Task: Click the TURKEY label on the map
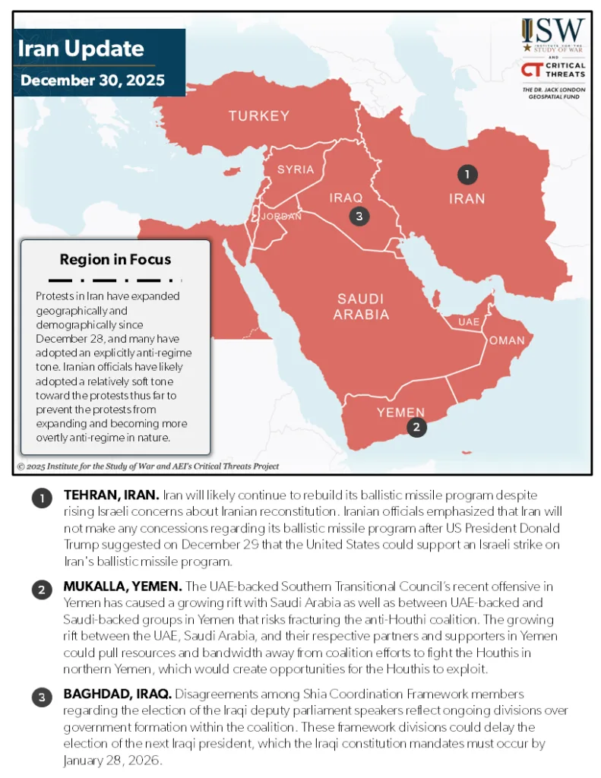[259, 116]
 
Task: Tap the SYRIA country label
[296, 169]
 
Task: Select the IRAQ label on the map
[346, 198]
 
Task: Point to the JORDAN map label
[281, 217]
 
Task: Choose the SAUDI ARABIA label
[362, 306]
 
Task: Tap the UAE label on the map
[469, 322]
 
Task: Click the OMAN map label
[506, 340]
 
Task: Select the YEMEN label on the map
[401, 413]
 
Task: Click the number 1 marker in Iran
[467, 175]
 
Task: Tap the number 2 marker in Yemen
[416, 428]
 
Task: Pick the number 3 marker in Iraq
[359, 217]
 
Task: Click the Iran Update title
[81, 50]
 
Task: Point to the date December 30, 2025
[93, 81]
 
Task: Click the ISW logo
[553, 33]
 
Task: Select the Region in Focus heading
[115, 259]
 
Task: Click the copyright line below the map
[148, 466]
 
